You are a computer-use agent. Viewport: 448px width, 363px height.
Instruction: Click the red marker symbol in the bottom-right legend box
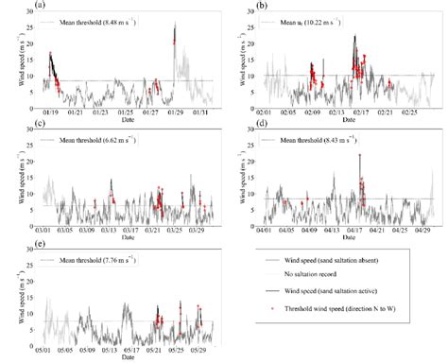point(270,315)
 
